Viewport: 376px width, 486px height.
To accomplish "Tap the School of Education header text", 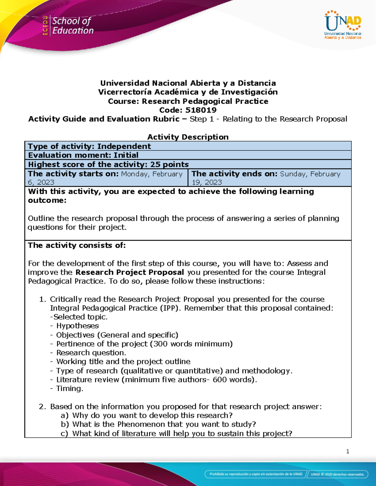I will pyautogui.click(x=73, y=26).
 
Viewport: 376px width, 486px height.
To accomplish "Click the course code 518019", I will pyautogui.click(x=201, y=110).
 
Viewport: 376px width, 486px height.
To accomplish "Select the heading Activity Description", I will pyautogui.click(x=188, y=137).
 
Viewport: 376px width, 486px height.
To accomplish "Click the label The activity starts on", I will pyautogui.click(x=73, y=174).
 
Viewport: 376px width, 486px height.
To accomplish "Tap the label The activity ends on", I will pyautogui.click(x=234, y=174).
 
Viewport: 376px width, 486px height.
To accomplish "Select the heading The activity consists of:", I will pyautogui.click(x=77, y=245).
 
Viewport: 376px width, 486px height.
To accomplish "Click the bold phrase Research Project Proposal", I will pyautogui.click(x=129, y=272).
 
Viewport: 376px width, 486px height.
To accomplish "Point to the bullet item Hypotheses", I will pyautogui.click(x=77, y=326).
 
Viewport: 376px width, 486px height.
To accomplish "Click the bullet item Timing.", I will pyautogui.click(x=70, y=388).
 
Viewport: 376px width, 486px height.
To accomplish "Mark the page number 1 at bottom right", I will pyautogui.click(x=347, y=451).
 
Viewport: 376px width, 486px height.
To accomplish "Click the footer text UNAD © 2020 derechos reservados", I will pyautogui.click(x=337, y=474).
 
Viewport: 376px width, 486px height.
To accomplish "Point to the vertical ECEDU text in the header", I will pyautogui.click(x=45, y=25).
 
